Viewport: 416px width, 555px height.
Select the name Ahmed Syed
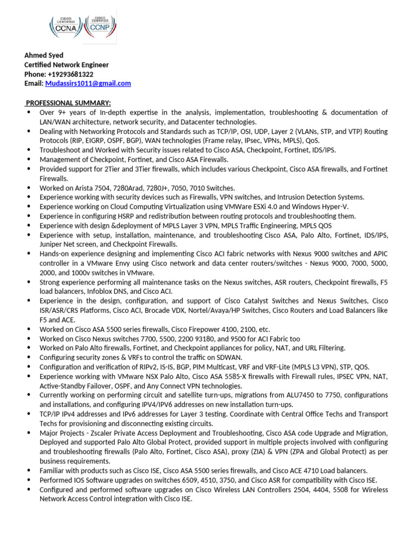[44, 55]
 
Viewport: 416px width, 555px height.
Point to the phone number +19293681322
[70, 74]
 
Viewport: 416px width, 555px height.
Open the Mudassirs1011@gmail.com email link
[88, 83]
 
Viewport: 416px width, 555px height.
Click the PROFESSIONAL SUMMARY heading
[69, 103]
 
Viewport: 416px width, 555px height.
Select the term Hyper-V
[336, 206]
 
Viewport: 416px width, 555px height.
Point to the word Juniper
[51, 244]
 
